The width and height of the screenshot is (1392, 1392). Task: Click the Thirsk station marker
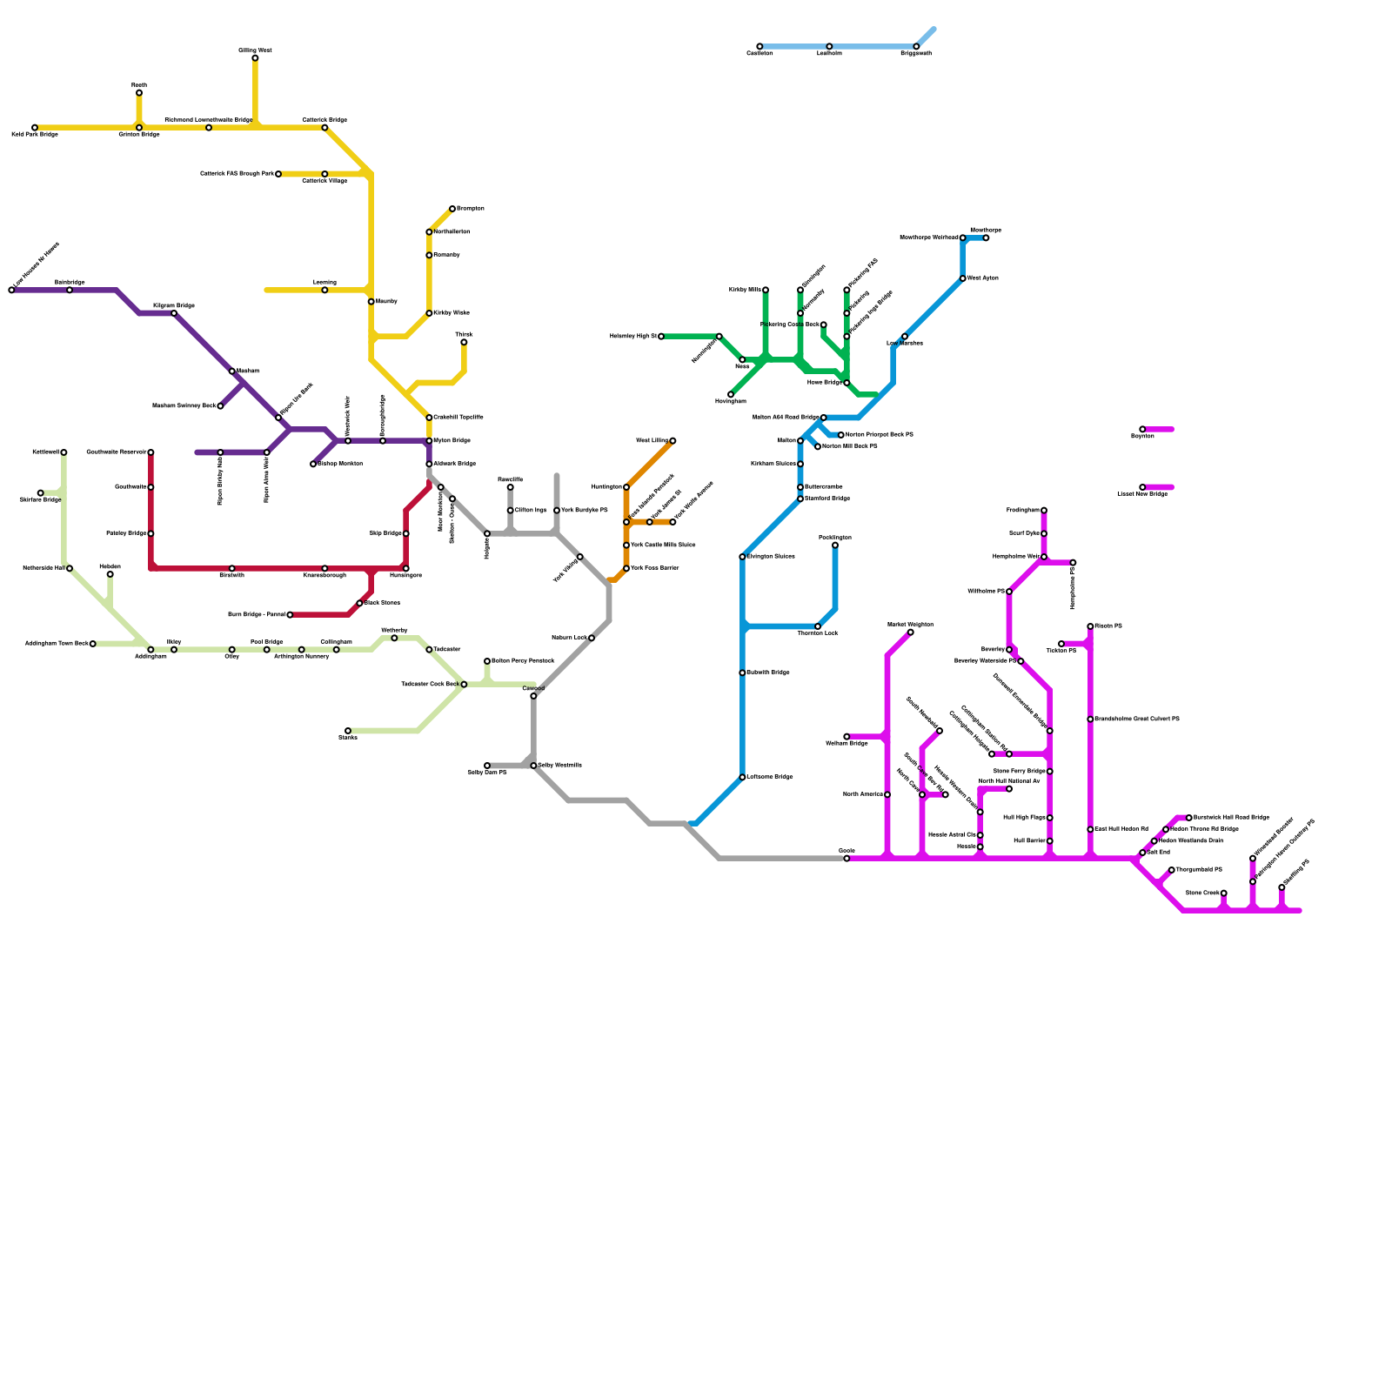pos(464,342)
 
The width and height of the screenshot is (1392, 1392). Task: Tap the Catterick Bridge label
pos(325,119)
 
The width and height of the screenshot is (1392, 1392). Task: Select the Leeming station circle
pos(325,290)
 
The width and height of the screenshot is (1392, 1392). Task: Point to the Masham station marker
pos(232,371)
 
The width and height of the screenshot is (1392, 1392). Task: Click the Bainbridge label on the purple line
pos(70,282)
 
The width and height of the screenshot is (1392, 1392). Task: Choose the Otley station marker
pos(232,649)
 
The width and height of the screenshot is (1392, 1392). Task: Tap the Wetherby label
pos(394,630)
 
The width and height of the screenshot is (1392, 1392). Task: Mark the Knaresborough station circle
pos(325,568)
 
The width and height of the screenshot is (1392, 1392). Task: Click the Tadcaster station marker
pos(429,649)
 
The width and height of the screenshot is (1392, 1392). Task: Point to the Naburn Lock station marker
pos(592,638)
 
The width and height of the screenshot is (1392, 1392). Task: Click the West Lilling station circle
pos(673,441)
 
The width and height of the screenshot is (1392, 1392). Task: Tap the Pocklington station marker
pos(835,545)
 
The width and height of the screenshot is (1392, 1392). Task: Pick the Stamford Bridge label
pos(827,499)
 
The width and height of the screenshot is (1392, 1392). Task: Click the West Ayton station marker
pos(963,278)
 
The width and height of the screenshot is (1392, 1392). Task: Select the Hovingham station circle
pos(731,395)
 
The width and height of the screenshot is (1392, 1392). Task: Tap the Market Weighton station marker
pos(911,632)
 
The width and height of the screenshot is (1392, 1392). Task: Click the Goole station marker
pos(847,859)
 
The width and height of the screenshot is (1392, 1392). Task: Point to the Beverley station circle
pos(1009,649)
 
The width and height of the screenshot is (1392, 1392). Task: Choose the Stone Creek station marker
pos(1224,893)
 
